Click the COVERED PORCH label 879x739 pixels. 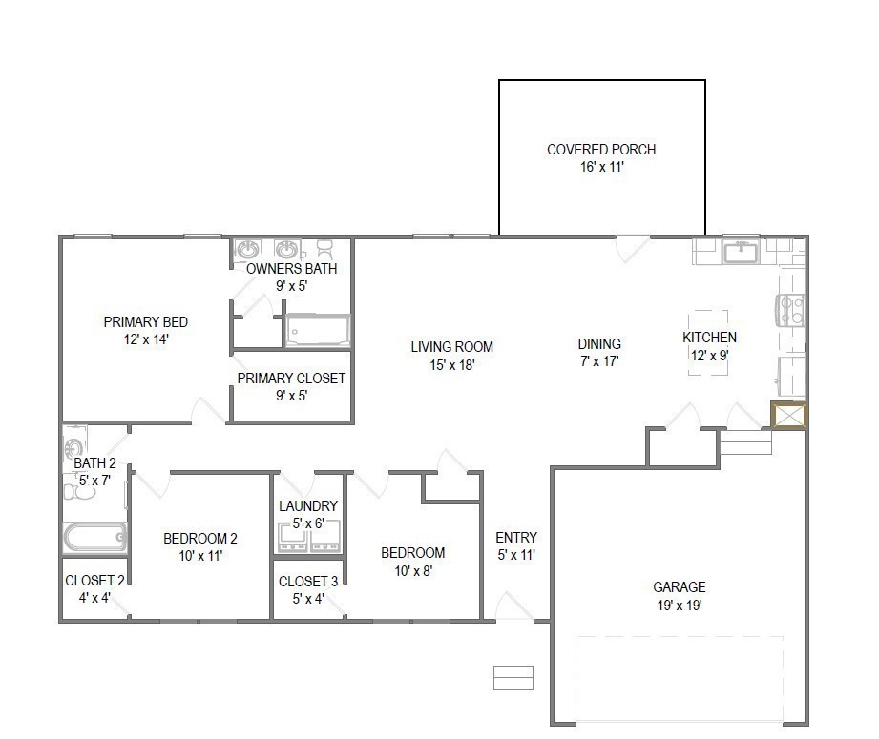point(601,150)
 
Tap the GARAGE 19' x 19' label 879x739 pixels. point(680,596)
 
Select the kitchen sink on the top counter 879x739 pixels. point(740,253)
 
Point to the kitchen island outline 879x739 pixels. point(709,343)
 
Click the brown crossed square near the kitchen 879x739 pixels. point(789,417)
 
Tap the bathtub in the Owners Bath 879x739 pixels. point(318,331)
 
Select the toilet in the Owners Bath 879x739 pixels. point(324,249)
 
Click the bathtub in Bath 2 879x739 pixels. point(94,537)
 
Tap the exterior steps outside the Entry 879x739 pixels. point(513,677)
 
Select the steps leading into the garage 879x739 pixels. point(744,443)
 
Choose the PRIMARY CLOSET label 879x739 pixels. point(291,379)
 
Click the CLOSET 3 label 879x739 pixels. point(307,582)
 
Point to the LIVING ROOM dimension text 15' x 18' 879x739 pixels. point(451,364)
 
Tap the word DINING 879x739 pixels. point(599,344)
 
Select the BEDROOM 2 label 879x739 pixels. point(199,538)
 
